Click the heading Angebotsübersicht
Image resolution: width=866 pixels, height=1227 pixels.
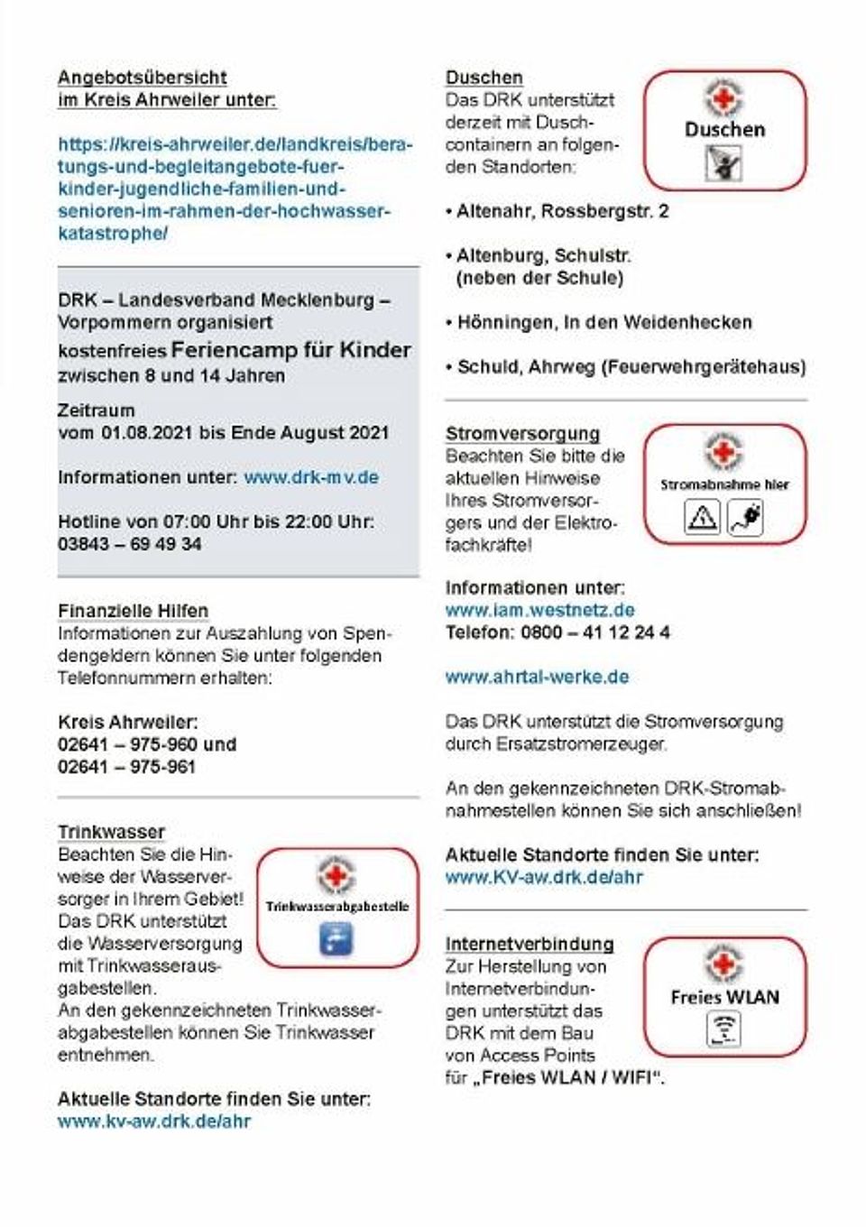pyautogui.click(x=142, y=78)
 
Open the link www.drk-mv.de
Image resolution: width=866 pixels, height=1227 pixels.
pyautogui.click(x=311, y=477)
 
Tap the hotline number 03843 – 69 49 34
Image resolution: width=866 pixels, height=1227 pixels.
pyautogui.click(x=130, y=544)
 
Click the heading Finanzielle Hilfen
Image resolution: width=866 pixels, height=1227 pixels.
pyautogui.click(x=133, y=611)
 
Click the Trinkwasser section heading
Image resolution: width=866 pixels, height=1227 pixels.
pyautogui.click(x=111, y=832)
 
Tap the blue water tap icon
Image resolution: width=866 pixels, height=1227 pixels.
pyautogui.click(x=336, y=939)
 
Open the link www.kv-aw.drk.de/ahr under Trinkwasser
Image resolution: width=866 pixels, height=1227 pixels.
pyautogui.click(x=154, y=1121)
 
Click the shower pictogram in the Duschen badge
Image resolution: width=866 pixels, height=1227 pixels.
pyautogui.click(x=723, y=163)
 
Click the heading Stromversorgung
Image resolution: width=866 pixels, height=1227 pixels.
pyautogui.click(x=522, y=433)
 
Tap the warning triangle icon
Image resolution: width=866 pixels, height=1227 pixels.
pyautogui.click(x=703, y=518)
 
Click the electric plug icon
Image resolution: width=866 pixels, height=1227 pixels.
pyautogui.click(x=745, y=518)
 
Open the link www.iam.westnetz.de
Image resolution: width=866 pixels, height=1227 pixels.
pyautogui.click(x=539, y=610)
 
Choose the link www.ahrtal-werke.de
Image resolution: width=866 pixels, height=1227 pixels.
pyautogui.click(x=537, y=677)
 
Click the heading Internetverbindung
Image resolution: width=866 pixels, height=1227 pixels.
pyautogui.click(x=530, y=944)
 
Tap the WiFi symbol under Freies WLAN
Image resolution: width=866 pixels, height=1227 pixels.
pyautogui.click(x=723, y=1029)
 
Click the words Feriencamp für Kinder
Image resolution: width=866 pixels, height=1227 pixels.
pyautogui.click(x=290, y=350)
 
